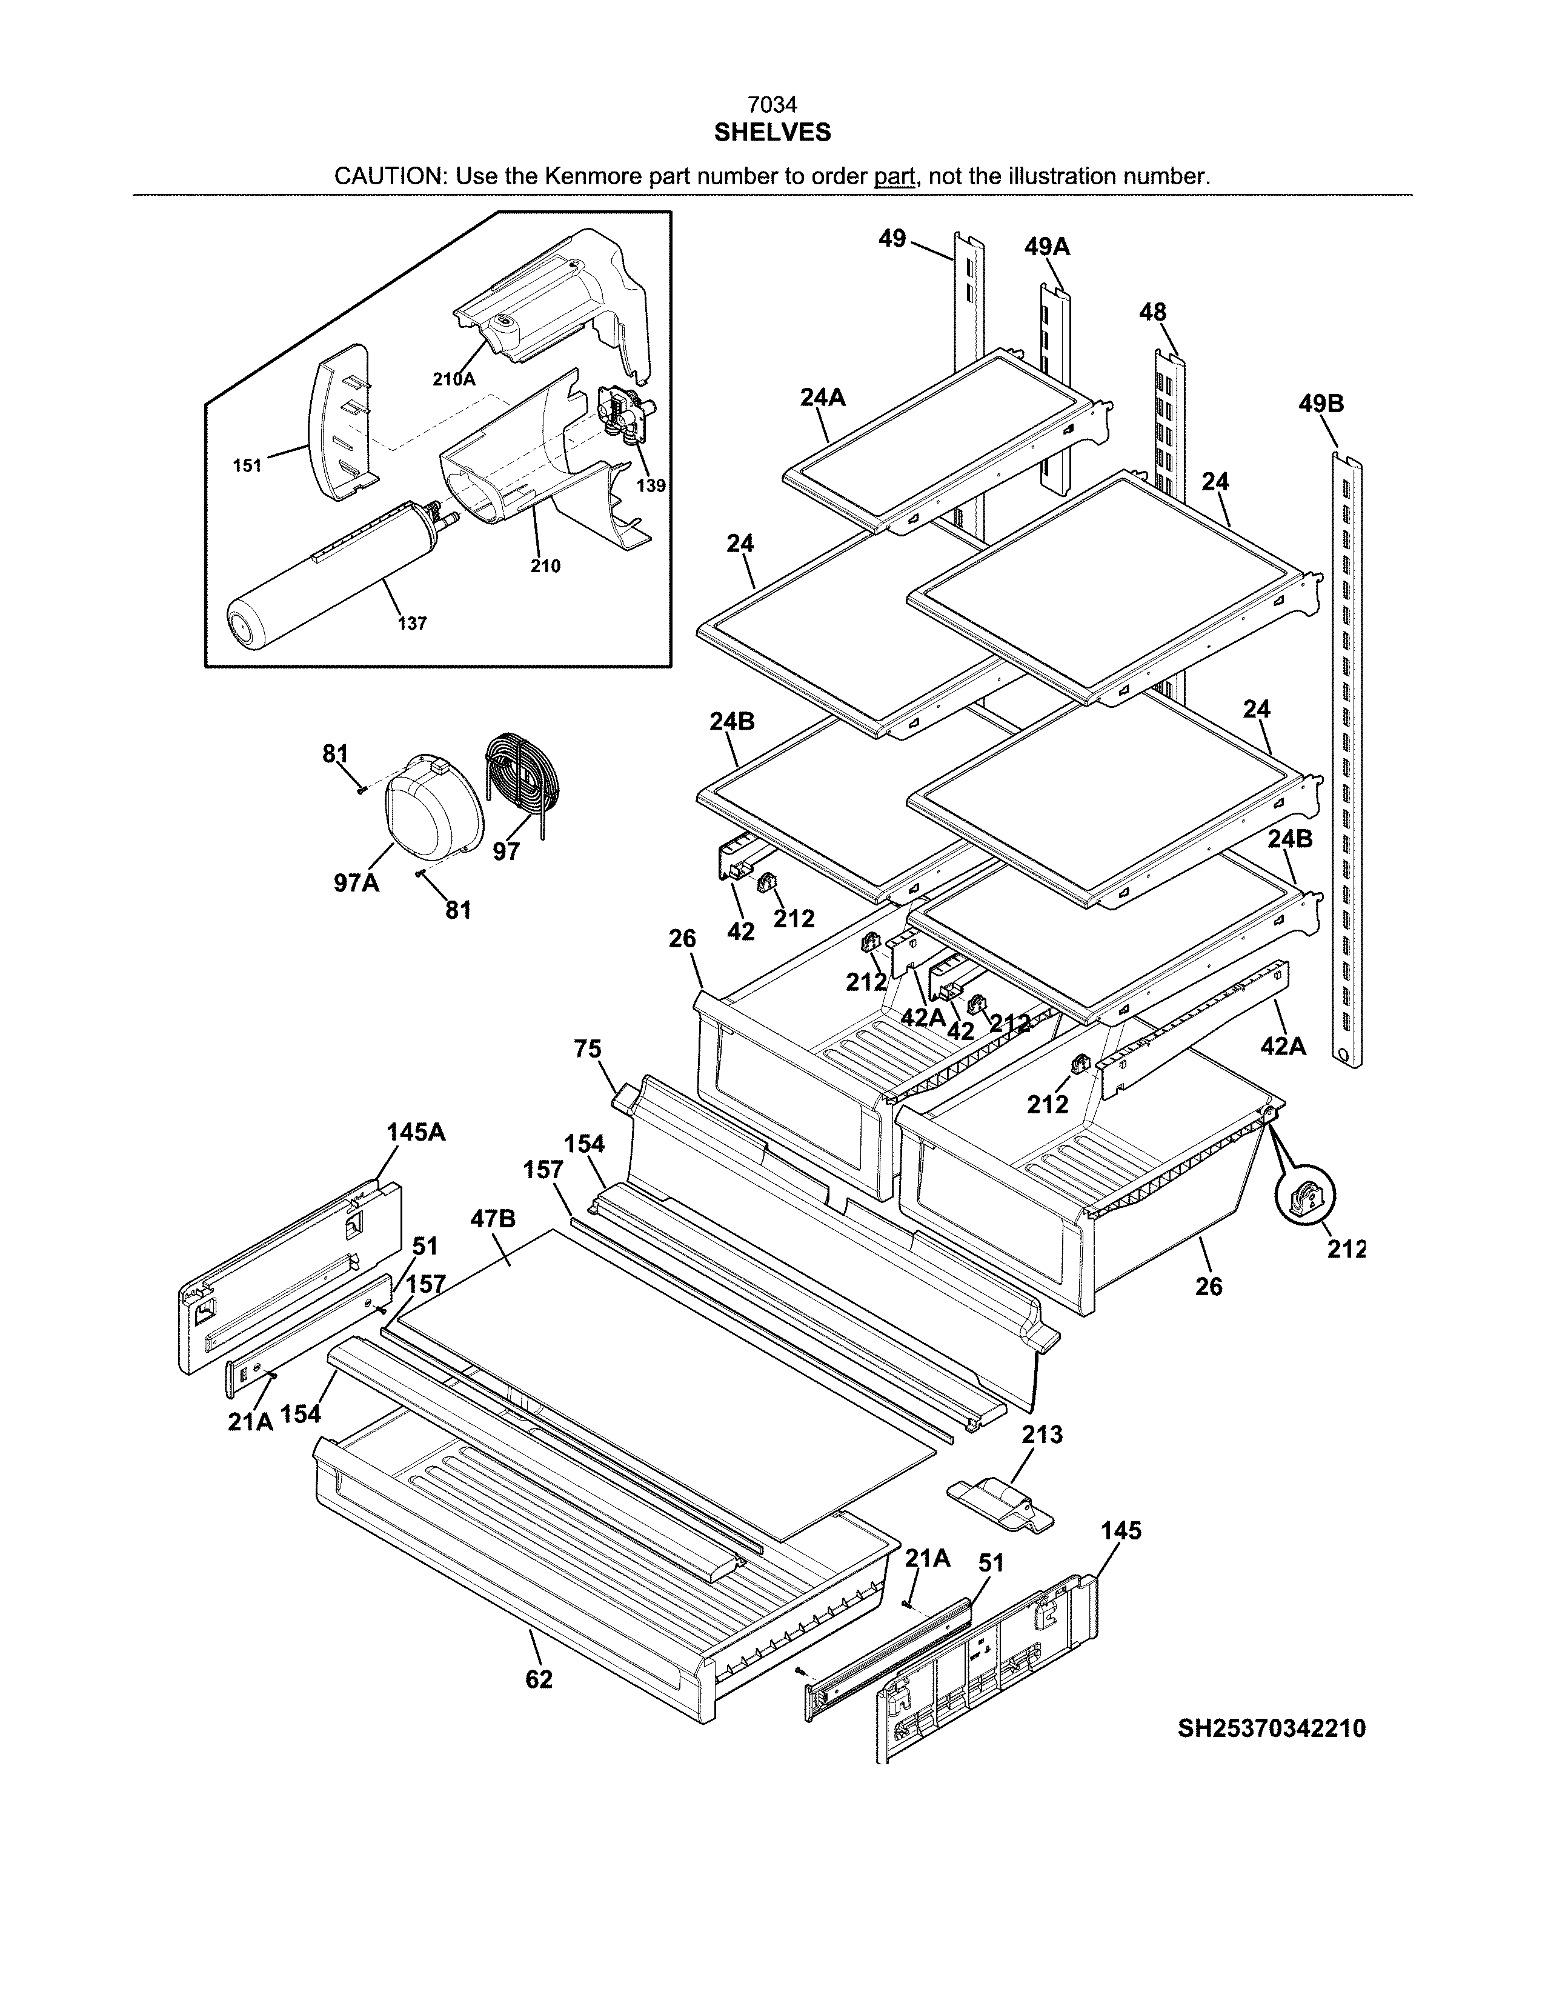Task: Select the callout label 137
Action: pyautogui.click(x=412, y=624)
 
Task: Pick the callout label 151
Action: pyautogui.click(x=247, y=465)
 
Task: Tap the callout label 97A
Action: pyautogui.click(x=356, y=884)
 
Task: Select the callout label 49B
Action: pyautogui.click(x=1321, y=404)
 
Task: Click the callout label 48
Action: pyautogui.click(x=1152, y=312)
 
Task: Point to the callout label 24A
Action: pyautogui.click(x=822, y=398)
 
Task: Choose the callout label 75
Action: pyautogui.click(x=588, y=1048)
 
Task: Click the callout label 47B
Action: pyautogui.click(x=493, y=1219)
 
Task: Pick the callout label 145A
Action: pyautogui.click(x=416, y=1133)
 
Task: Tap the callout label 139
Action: pyautogui.click(x=651, y=486)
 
